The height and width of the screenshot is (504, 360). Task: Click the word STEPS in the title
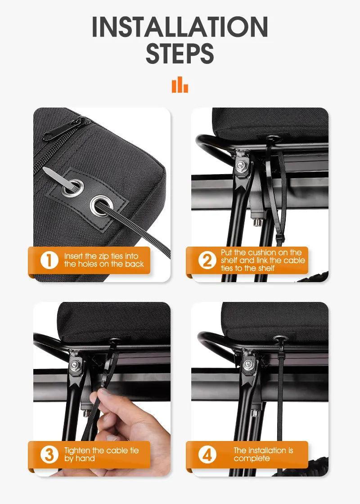(x=180, y=54)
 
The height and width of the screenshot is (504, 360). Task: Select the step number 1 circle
(x=49, y=260)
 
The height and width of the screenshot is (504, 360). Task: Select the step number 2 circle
(x=207, y=260)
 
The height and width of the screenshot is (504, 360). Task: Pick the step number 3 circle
(x=49, y=454)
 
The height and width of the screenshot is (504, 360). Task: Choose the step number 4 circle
(x=207, y=454)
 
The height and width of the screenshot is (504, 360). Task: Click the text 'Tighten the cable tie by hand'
(x=101, y=454)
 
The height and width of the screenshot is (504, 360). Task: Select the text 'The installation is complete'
(x=263, y=454)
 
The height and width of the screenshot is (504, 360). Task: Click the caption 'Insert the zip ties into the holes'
(x=103, y=260)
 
